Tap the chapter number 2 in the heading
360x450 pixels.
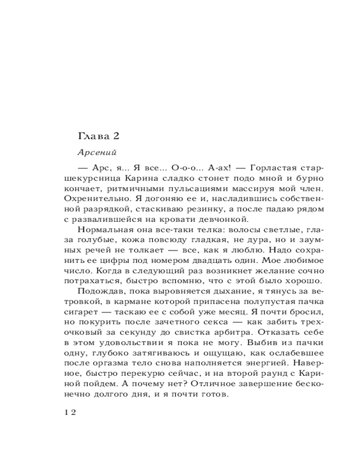coord(114,135)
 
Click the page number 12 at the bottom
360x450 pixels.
coord(71,413)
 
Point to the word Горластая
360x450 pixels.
coord(267,167)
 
